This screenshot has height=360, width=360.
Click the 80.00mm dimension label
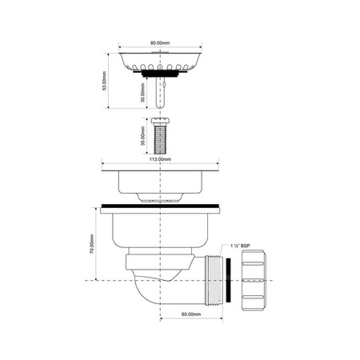[x=160, y=42]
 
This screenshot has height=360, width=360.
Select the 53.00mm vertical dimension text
[x=104, y=81]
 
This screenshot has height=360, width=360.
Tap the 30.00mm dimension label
[x=143, y=93]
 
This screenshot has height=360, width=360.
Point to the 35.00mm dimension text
[x=143, y=136]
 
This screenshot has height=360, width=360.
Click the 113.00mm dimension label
[x=160, y=159]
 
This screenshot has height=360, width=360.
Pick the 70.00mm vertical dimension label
[x=92, y=244]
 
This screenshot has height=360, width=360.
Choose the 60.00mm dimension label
[x=191, y=314]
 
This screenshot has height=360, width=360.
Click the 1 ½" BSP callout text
[x=240, y=246]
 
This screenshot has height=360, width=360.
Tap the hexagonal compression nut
[x=254, y=280]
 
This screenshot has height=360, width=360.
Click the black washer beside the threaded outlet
[x=228, y=280]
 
